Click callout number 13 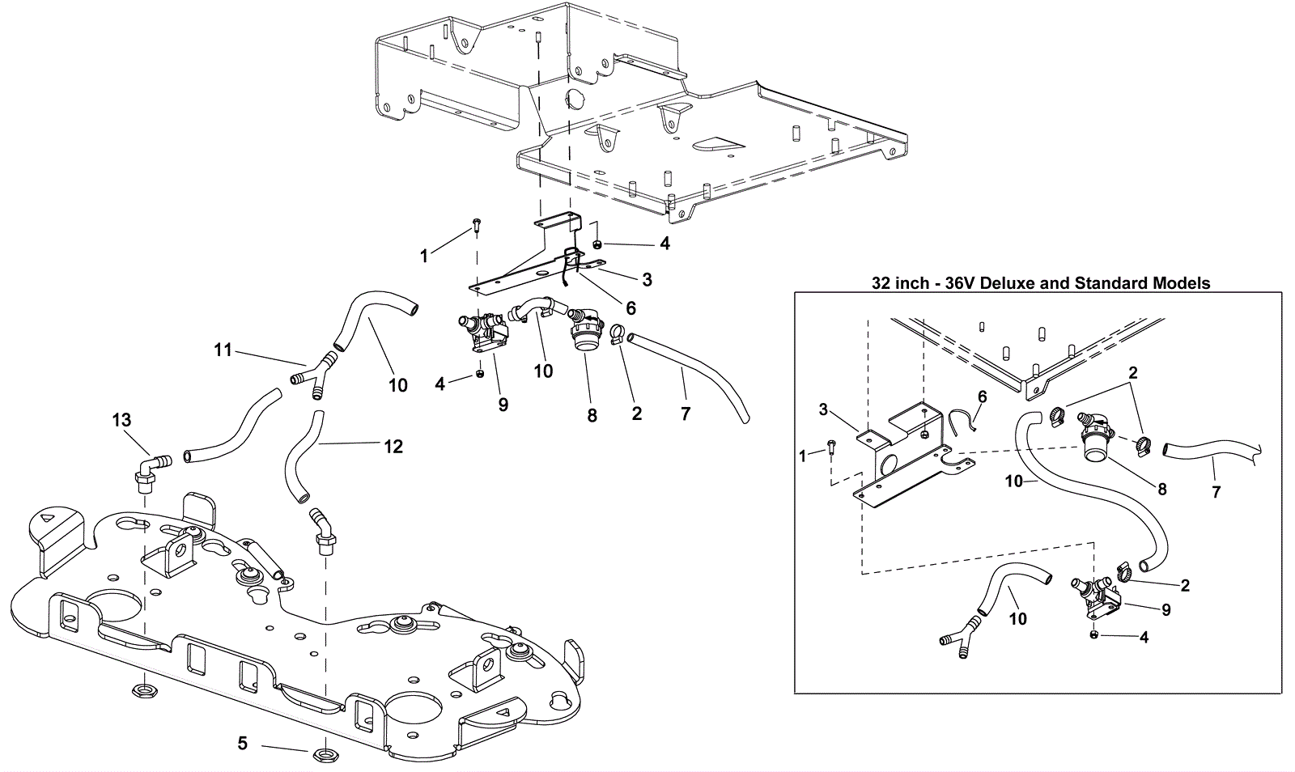pyautogui.click(x=122, y=419)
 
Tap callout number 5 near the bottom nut pyautogui.click(x=242, y=743)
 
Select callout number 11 pyautogui.click(x=223, y=350)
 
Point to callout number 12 pyautogui.click(x=393, y=446)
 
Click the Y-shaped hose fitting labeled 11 pyautogui.click(x=312, y=375)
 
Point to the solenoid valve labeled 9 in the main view pyautogui.click(x=485, y=334)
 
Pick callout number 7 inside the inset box pyautogui.click(x=1216, y=492)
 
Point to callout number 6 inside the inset pyautogui.click(x=983, y=397)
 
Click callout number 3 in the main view pyautogui.click(x=647, y=279)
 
